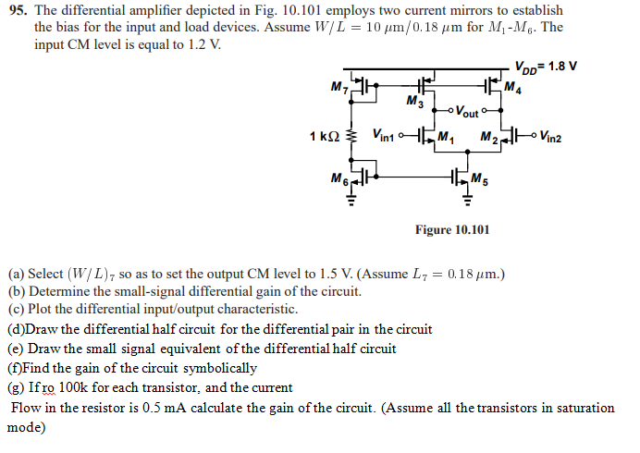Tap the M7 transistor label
point(338,87)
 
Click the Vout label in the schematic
point(468,113)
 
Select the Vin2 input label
point(558,138)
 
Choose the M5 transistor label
point(477,179)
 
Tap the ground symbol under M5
point(467,198)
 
